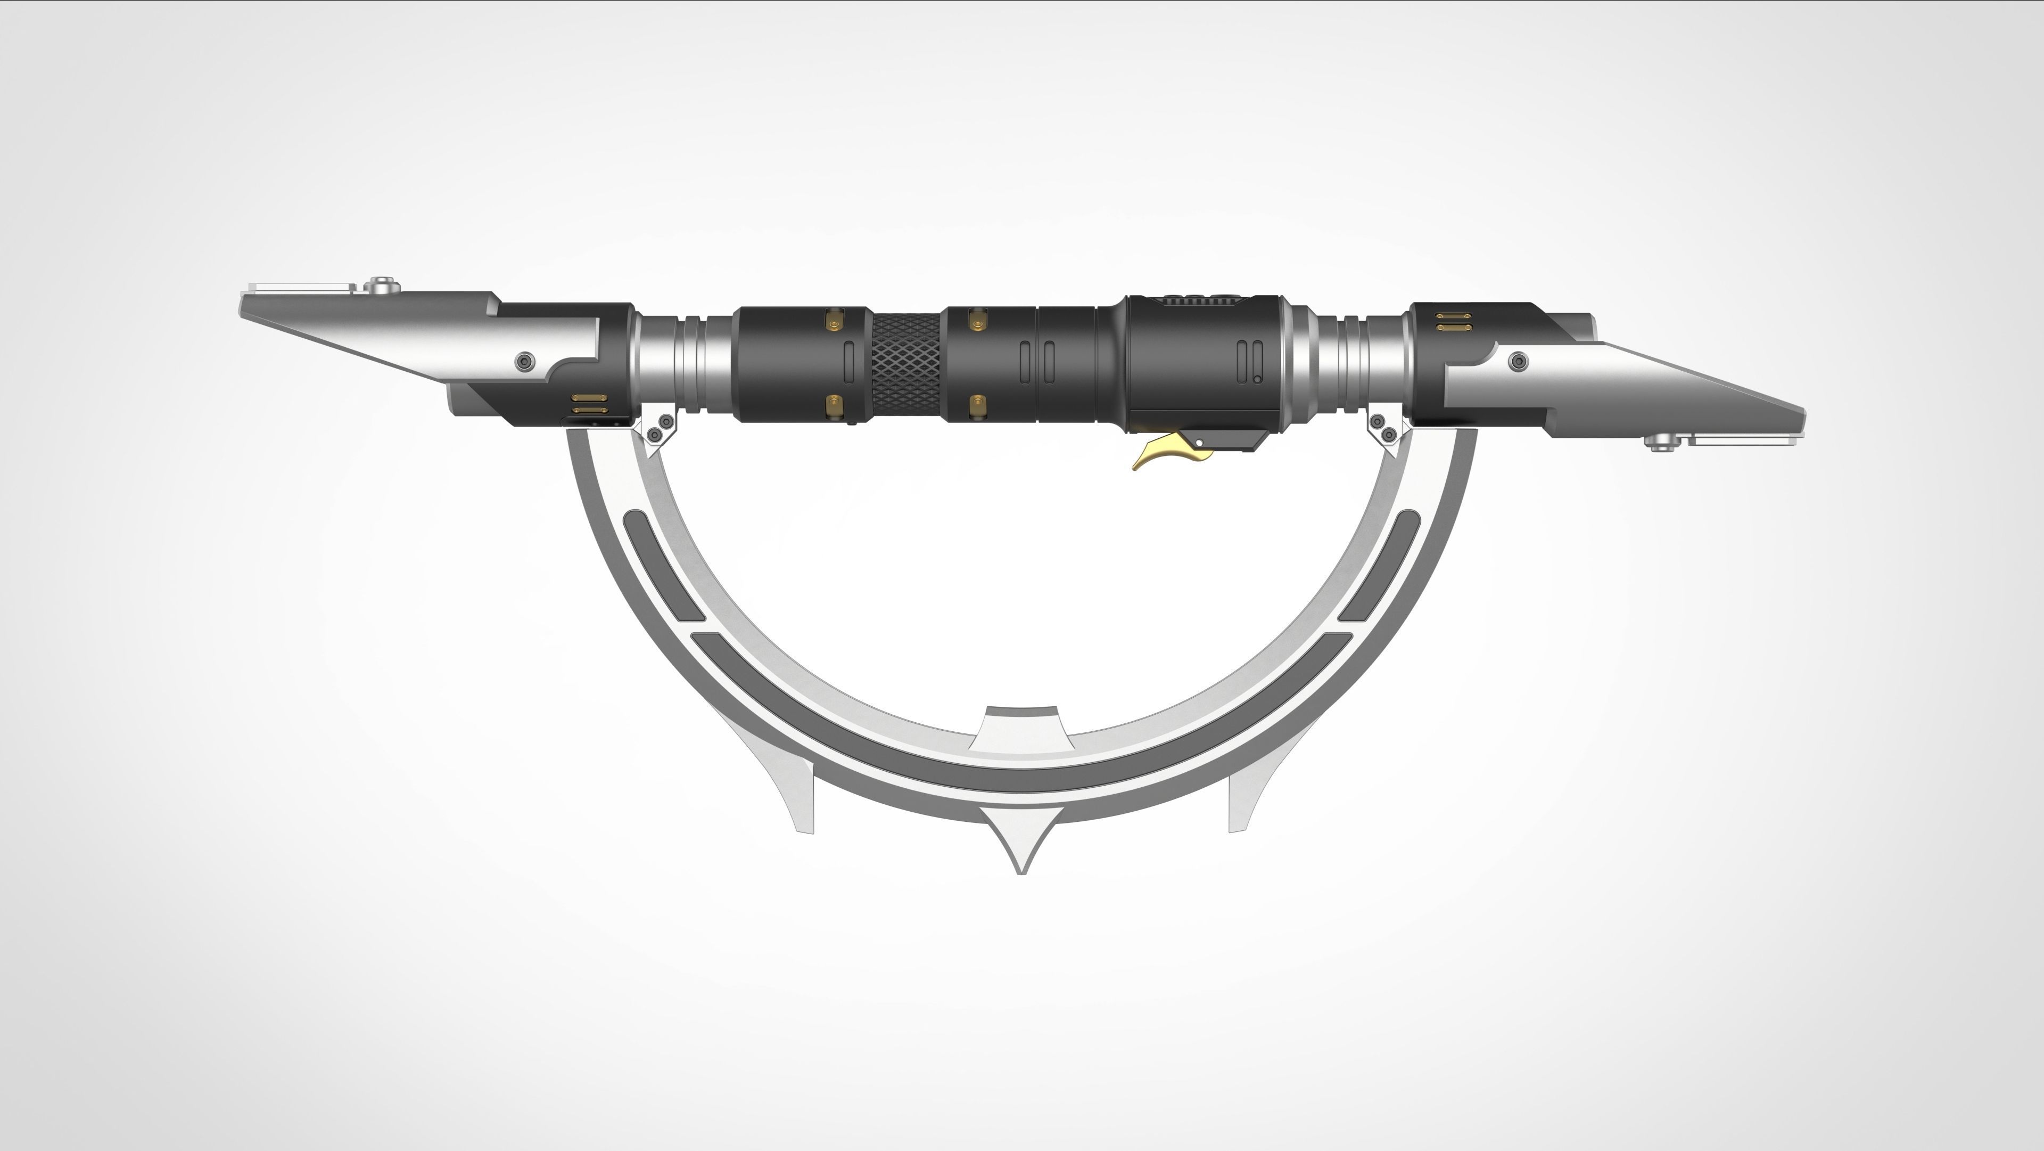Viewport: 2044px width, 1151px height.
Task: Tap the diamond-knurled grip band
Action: tap(906, 366)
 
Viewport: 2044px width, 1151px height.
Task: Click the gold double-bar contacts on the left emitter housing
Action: tap(589, 403)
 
